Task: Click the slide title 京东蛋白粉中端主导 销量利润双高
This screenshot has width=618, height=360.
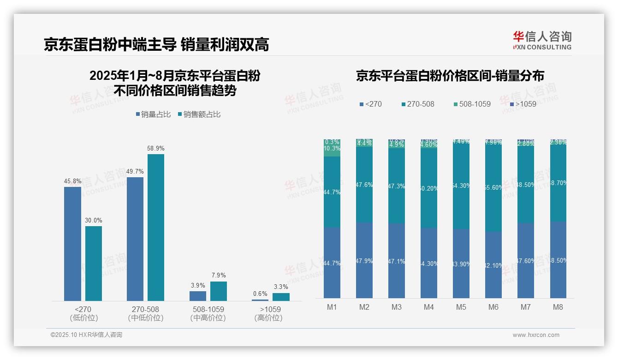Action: (156, 44)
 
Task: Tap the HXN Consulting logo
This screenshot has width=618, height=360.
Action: (542, 41)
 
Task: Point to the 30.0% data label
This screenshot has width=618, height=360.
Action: (94, 220)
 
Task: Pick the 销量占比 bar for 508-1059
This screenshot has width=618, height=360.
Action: (198, 296)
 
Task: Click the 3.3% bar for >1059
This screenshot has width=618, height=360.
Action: (281, 297)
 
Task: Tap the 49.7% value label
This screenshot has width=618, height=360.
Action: (135, 171)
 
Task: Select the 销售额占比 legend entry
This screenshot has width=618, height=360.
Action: (199, 114)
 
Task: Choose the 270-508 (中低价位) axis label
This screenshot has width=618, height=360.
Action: (146, 313)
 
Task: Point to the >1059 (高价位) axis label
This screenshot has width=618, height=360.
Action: (270, 313)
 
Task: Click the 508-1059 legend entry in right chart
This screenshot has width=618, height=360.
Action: (471, 104)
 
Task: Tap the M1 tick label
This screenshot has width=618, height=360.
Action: (332, 307)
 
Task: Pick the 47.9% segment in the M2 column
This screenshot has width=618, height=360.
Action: (364, 260)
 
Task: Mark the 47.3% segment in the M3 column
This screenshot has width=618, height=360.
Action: (396, 186)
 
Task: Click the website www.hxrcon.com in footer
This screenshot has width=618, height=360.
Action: (536, 335)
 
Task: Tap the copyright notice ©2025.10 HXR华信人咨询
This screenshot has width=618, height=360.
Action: (86, 335)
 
